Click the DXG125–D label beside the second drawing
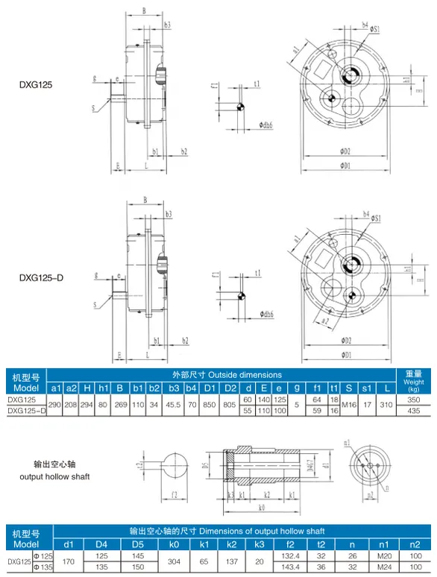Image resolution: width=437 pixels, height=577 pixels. (x=41, y=278)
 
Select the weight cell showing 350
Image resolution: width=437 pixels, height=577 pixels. (x=414, y=400)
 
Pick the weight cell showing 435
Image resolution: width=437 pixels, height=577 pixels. (x=414, y=411)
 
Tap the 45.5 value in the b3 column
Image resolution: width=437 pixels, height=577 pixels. (x=172, y=405)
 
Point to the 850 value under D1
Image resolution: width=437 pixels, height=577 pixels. (x=210, y=405)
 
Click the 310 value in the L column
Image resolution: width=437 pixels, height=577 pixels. (x=385, y=405)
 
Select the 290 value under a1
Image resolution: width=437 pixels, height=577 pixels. (x=55, y=405)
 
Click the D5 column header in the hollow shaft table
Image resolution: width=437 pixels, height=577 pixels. (x=137, y=544)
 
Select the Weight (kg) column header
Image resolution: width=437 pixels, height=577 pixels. (x=414, y=381)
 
